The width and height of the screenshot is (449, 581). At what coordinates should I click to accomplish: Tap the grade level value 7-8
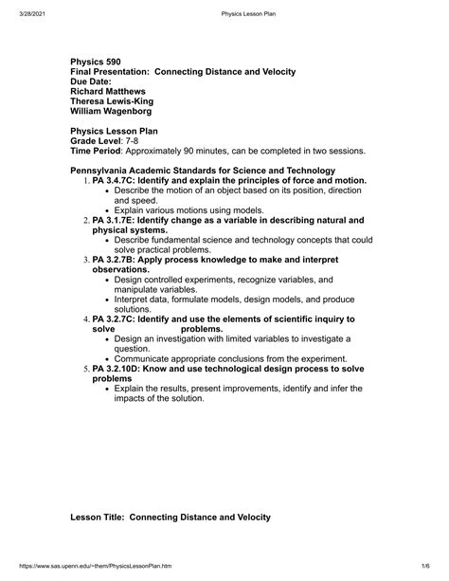pyautogui.click(x=135, y=140)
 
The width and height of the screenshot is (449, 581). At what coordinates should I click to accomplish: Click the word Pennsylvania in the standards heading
pyautogui.click(x=106, y=170)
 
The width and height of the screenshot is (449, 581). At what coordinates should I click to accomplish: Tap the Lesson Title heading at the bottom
pyautogui.click(x=171, y=517)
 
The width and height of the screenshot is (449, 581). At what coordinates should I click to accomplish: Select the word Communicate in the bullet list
pyautogui.click(x=151, y=359)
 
